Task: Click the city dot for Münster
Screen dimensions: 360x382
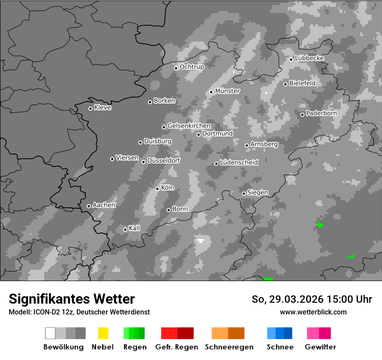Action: point(211,92)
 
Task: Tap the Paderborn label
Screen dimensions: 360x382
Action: point(322,113)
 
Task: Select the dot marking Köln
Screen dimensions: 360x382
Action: point(157,189)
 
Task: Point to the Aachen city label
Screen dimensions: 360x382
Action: point(104,205)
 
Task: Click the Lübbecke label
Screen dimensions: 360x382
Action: point(310,58)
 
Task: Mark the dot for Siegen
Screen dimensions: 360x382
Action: point(244,193)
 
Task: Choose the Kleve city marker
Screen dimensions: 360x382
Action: point(90,108)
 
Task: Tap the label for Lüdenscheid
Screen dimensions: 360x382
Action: point(239,163)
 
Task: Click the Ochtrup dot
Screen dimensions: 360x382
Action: point(176,68)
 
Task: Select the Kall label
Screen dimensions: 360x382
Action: point(135,228)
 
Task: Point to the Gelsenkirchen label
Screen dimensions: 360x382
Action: point(189,126)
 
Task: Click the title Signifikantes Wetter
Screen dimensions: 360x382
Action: point(72,299)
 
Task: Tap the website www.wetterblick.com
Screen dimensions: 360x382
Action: point(313,312)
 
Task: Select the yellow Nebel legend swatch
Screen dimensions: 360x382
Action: point(103,333)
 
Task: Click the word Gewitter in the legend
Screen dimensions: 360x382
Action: point(320,347)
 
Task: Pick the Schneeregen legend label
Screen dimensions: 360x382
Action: point(229,347)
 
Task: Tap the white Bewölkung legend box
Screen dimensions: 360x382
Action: point(50,333)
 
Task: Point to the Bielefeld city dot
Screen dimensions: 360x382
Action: point(285,84)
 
